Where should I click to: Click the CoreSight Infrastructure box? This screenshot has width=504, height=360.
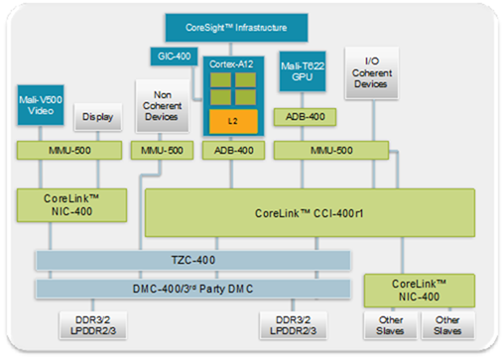[233, 25]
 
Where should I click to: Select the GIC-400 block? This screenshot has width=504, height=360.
[174, 58]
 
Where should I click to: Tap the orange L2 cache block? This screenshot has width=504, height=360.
[232, 121]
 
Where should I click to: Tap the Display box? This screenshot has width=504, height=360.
[96, 116]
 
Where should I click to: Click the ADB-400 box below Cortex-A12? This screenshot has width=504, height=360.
[231, 150]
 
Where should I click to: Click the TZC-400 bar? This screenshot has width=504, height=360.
[193, 260]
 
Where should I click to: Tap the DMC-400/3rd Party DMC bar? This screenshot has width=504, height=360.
[193, 289]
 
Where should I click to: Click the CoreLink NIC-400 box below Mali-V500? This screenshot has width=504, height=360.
[72, 205]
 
